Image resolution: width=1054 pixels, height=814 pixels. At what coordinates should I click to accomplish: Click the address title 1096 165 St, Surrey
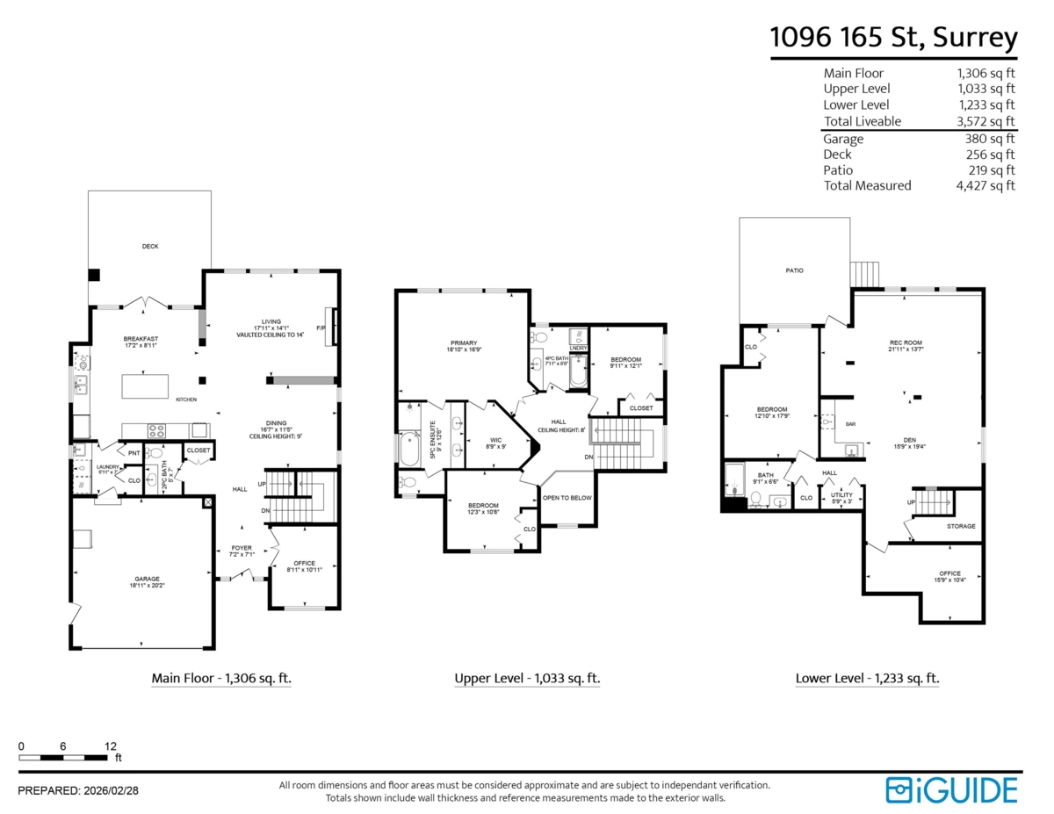(x=893, y=38)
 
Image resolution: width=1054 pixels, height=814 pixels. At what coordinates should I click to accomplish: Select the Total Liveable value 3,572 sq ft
(x=985, y=121)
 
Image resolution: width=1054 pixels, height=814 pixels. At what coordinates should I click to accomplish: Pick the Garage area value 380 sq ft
(x=990, y=139)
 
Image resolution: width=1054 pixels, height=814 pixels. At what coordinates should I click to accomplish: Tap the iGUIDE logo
(x=951, y=789)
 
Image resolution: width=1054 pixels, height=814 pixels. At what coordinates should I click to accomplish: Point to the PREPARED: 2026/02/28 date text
(x=78, y=790)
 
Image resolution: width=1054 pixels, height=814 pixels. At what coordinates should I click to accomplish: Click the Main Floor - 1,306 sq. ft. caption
(x=221, y=678)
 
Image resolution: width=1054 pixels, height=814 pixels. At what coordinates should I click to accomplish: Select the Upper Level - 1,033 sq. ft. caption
(x=527, y=678)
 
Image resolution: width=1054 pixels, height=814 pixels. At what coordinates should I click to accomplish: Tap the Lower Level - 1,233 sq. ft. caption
(x=867, y=678)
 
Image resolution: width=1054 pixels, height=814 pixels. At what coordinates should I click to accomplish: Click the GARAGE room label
(x=147, y=579)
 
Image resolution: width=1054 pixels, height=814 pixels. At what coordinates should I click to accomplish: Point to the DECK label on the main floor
(x=150, y=247)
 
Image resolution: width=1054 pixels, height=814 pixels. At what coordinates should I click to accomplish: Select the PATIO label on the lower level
(x=794, y=270)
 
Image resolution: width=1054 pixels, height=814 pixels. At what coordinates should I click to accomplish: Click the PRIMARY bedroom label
(x=464, y=342)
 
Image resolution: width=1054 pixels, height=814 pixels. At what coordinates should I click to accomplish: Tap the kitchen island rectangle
(x=144, y=386)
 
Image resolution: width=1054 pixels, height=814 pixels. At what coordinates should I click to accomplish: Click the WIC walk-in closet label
(x=495, y=440)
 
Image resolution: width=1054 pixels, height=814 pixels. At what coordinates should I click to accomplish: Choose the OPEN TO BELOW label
(x=567, y=498)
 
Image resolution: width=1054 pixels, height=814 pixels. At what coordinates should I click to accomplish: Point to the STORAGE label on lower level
(x=960, y=526)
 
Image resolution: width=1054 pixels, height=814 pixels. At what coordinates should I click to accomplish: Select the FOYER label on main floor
(x=242, y=548)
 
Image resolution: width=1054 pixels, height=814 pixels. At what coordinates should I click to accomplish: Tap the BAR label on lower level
(x=850, y=425)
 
